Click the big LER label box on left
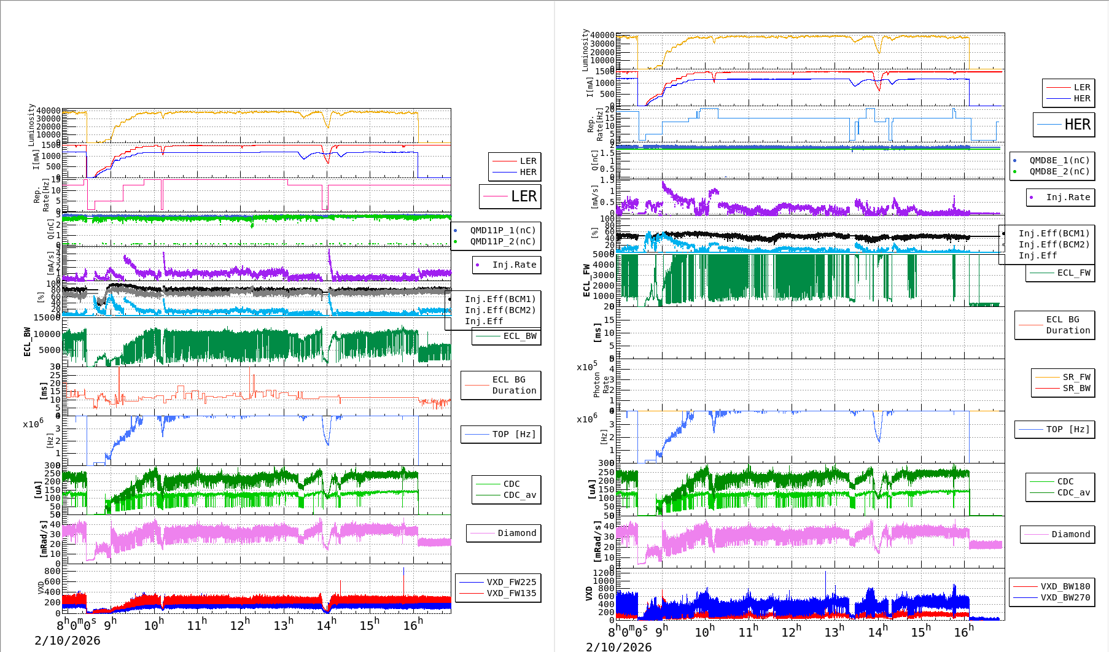(x=510, y=196)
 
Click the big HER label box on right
(x=1064, y=125)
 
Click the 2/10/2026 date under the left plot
(x=68, y=640)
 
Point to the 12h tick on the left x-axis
(x=239, y=625)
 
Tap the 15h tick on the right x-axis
(x=920, y=632)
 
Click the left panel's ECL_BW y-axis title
(x=27, y=341)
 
